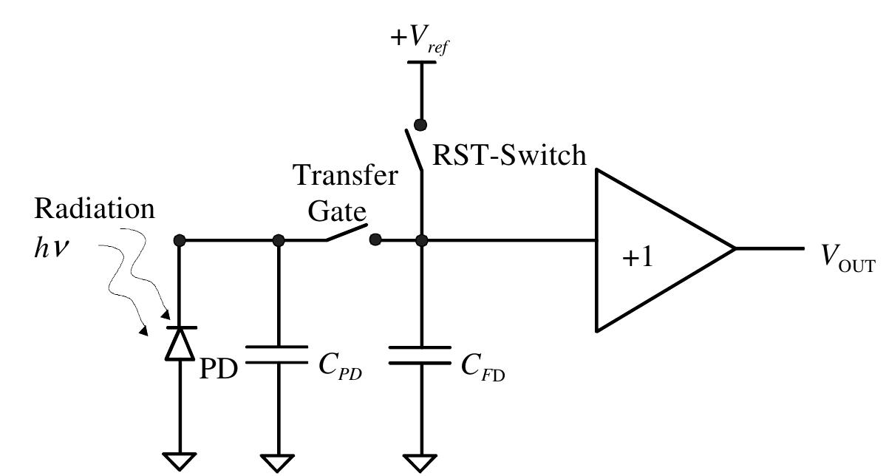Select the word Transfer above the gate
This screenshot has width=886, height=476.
click(x=346, y=177)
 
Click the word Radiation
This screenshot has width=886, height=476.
click(x=95, y=209)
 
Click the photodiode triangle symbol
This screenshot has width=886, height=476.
click(x=179, y=344)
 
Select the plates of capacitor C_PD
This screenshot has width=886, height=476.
click(x=278, y=354)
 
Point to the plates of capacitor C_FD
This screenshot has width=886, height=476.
click(x=420, y=354)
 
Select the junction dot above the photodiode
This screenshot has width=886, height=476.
click(x=179, y=240)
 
